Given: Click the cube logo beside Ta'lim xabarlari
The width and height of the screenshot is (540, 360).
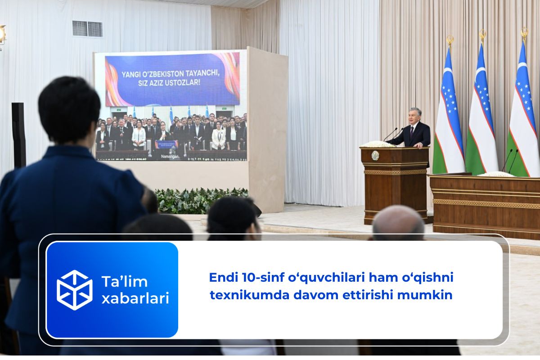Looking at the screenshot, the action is pos(75,290).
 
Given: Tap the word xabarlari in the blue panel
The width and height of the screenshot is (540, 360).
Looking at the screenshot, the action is pos(135,298).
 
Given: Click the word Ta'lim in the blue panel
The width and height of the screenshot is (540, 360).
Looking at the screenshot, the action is pos(124,281).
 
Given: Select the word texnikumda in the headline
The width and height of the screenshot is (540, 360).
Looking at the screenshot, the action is pos(249,295).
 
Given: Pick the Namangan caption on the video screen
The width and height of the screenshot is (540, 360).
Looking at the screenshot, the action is pos(170,157).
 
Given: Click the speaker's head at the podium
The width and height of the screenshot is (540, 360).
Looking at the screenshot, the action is pos(414,116).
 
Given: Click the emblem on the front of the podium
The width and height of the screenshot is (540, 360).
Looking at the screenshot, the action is pos(375,156).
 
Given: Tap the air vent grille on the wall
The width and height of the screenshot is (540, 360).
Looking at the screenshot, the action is pos(87,29).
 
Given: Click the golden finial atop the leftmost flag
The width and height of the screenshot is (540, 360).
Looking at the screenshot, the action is pos(450,40).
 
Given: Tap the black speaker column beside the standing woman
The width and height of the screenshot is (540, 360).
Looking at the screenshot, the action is pos(18,135).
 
